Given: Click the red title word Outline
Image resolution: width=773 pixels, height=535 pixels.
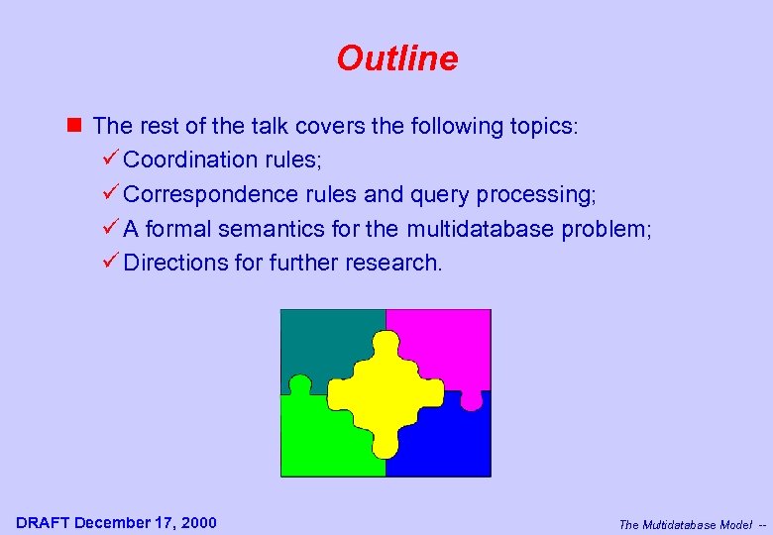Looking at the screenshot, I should pyautogui.click(x=396, y=58).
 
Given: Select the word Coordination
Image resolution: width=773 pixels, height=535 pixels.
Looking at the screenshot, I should pyautogui.click(x=191, y=160).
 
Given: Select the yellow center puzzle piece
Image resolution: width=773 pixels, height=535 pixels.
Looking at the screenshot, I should pyautogui.click(x=386, y=392).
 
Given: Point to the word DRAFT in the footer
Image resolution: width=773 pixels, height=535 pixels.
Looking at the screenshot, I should pyautogui.click(x=43, y=522).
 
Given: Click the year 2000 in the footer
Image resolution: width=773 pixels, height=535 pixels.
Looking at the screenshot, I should pyautogui.click(x=197, y=522).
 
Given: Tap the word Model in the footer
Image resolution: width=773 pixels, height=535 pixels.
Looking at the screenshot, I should pyautogui.click(x=733, y=524).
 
